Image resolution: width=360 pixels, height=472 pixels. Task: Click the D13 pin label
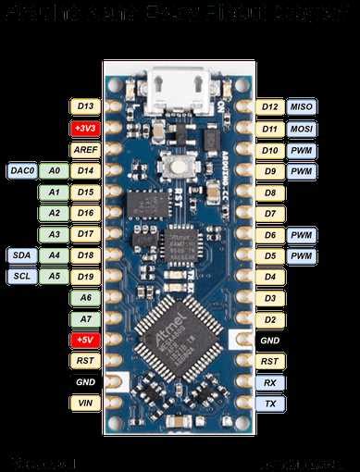pyautogui.click(x=87, y=107)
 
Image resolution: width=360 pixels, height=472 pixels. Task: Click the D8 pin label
pyautogui.click(x=269, y=193)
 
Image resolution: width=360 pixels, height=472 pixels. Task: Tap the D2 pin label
pyautogui.click(x=269, y=319)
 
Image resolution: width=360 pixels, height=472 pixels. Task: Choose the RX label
pyautogui.click(x=269, y=382)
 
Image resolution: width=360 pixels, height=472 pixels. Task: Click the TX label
pyautogui.click(x=269, y=404)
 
